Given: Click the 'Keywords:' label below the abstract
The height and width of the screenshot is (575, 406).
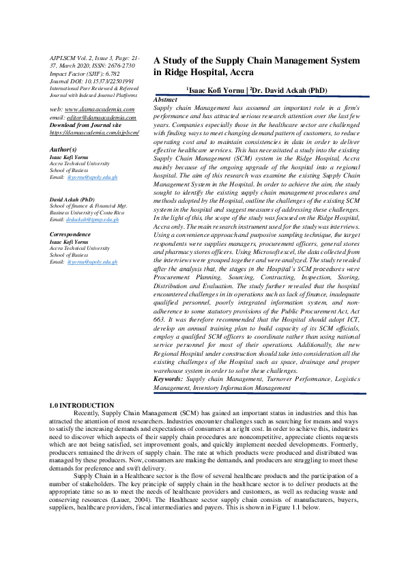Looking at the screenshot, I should [x=169, y=378].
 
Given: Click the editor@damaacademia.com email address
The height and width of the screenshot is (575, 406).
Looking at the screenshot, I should [x=102, y=117].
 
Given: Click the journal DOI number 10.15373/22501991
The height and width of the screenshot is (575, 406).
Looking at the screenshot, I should [x=108, y=81].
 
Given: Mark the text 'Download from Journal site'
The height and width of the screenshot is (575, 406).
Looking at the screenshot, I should [x=85, y=125].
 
